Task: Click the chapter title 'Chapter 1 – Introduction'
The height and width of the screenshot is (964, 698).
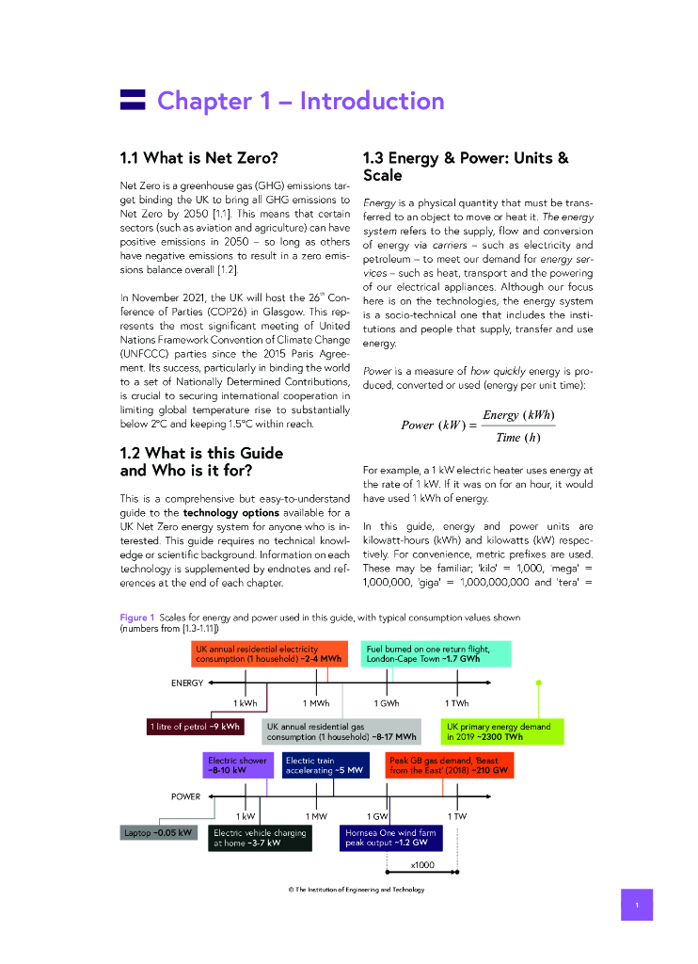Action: [x=300, y=101]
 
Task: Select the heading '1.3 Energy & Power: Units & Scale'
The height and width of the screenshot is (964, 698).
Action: [x=466, y=167]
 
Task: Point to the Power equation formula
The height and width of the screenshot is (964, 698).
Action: [x=479, y=426]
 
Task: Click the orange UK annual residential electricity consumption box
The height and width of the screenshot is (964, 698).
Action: [x=267, y=654]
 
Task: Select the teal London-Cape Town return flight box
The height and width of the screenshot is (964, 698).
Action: [x=437, y=654]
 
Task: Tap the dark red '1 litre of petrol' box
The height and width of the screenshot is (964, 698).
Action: [x=195, y=726]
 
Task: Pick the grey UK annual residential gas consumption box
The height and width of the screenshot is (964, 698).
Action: [x=341, y=731]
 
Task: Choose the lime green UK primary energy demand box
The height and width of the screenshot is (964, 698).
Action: [x=502, y=731]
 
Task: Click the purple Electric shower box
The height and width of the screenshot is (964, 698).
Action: [x=236, y=764]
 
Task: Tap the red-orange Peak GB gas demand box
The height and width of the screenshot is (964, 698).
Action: [x=450, y=764]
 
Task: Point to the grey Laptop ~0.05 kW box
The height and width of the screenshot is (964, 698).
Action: [x=158, y=832]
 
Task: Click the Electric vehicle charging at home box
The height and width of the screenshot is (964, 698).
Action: [x=260, y=838]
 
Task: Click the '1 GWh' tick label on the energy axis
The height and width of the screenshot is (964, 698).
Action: [x=387, y=703]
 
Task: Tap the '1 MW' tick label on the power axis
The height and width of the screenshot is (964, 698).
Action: [x=316, y=816]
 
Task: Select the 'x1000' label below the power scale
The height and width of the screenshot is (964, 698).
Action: [x=422, y=863]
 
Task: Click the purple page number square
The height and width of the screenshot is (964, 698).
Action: [x=637, y=905]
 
